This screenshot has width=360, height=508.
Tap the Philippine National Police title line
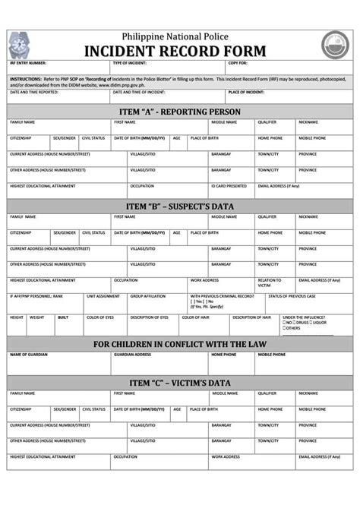[179, 36]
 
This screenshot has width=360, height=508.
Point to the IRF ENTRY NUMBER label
[28, 63]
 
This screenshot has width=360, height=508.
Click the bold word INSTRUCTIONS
[26, 78]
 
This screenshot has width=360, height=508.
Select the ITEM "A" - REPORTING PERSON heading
[179, 112]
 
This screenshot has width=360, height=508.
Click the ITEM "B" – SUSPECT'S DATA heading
[179, 206]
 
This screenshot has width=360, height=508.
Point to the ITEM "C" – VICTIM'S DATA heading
[179, 383]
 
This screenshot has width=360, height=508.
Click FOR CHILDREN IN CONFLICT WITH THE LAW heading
[179, 344]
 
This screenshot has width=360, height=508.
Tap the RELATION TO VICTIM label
[269, 282]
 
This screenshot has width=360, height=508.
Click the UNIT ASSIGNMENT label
[103, 296]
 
